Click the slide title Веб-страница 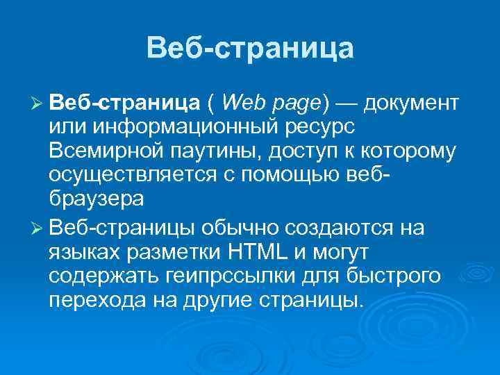click(250, 48)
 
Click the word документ click(410, 104)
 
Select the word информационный click(182, 128)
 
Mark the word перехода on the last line click(93, 301)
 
